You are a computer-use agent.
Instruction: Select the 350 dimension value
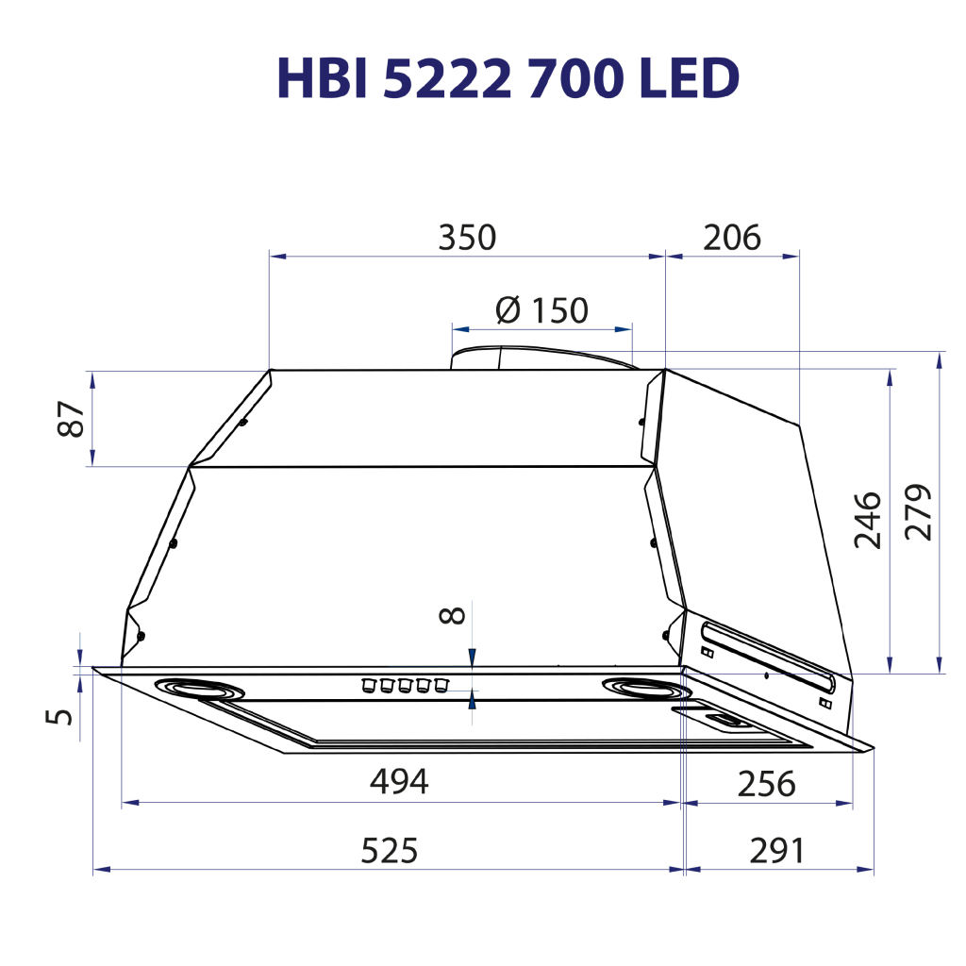tap(466, 238)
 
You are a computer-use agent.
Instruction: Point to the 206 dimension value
tap(732, 238)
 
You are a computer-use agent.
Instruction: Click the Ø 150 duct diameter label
tap(541, 309)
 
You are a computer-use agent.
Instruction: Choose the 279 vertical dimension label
tap(917, 512)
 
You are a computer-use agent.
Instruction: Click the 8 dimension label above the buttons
tap(453, 616)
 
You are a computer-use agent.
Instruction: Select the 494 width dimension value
tap(399, 782)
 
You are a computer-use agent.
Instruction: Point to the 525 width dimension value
tap(389, 851)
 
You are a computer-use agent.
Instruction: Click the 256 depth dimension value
tap(766, 784)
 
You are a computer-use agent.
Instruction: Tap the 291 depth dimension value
tap(777, 851)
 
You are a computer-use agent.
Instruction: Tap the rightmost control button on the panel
tap(440, 683)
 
